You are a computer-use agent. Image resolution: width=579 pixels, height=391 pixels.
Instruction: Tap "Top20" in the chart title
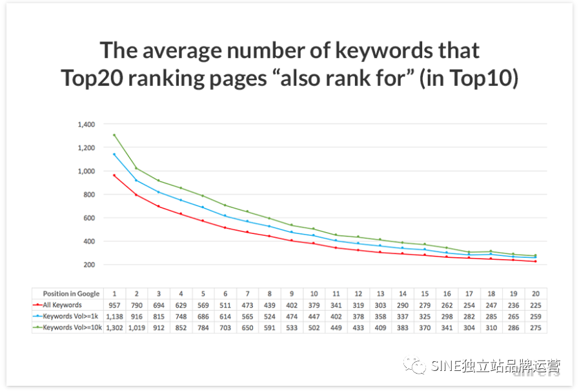pyautogui.click(x=93, y=79)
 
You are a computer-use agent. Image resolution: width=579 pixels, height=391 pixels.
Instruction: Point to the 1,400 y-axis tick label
pyautogui.click(x=86, y=124)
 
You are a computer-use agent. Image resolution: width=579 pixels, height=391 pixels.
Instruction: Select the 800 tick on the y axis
pyautogui.click(x=89, y=195)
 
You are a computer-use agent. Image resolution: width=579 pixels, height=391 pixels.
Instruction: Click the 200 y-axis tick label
pyautogui.click(x=89, y=265)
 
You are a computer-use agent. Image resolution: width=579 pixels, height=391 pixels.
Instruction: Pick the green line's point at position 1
pyautogui.click(x=114, y=135)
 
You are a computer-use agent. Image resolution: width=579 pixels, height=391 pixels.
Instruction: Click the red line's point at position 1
pyautogui.click(x=114, y=175)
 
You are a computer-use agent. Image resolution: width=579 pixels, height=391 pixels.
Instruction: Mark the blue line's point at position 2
pyautogui.click(x=136, y=180)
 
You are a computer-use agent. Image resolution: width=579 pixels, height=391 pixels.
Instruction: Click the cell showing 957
pyautogui.click(x=114, y=304)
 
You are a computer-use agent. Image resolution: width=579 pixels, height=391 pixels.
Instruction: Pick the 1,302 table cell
pyautogui.click(x=114, y=328)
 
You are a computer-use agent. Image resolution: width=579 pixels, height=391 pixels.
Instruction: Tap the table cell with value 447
pyautogui.click(x=314, y=316)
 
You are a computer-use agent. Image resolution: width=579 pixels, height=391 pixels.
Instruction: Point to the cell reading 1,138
pyautogui.click(x=114, y=316)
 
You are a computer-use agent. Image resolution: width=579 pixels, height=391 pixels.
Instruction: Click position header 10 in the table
pyautogui.click(x=314, y=293)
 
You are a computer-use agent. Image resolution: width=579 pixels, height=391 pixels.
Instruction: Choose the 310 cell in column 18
pyautogui.click(x=492, y=328)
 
